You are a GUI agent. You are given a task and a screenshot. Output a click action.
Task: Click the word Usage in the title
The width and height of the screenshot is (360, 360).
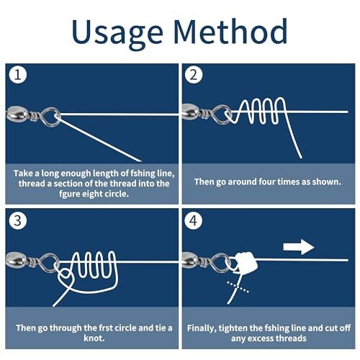pyautogui.click(x=117, y=32)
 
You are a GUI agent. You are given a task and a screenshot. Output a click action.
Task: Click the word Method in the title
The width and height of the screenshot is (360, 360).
pyautogui.click(x=230, y=31)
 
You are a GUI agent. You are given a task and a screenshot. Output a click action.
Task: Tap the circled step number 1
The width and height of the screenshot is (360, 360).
pyautogui.click(x=18, y=75)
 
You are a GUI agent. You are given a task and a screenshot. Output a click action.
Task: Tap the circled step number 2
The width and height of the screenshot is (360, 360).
pyautogui.click(x=194, y=75)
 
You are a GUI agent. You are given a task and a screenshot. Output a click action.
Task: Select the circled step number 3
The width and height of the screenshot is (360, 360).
pyautogui.click(x=18, y=220)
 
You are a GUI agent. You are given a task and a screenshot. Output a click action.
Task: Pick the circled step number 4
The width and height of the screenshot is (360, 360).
pyautogui.click(x=194, y=220)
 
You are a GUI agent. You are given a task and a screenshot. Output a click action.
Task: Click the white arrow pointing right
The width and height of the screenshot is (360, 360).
pyautogui.click(x=299, y=247)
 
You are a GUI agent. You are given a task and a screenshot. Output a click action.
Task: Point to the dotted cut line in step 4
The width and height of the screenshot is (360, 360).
pyautogui.click(x=238, y=287)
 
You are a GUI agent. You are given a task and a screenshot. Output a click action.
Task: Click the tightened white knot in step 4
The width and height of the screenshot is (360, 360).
pyautogui.click(x=246, y=261)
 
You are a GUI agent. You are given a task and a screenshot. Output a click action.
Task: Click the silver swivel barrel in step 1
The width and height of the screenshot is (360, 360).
pyautogui.click(x=16, y=114)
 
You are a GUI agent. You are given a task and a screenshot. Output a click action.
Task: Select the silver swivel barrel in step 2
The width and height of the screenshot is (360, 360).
pyautogui.click(x=192, y=112)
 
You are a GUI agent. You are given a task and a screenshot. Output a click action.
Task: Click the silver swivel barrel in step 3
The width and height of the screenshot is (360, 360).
pyautogui.click(x=16, y=261)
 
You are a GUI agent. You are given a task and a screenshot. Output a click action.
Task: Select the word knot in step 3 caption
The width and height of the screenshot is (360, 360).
pyautogui.click(x=94, y=338)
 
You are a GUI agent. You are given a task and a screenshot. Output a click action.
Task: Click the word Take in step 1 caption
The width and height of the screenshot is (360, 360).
pyautogui.click(x=23, y=173)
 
